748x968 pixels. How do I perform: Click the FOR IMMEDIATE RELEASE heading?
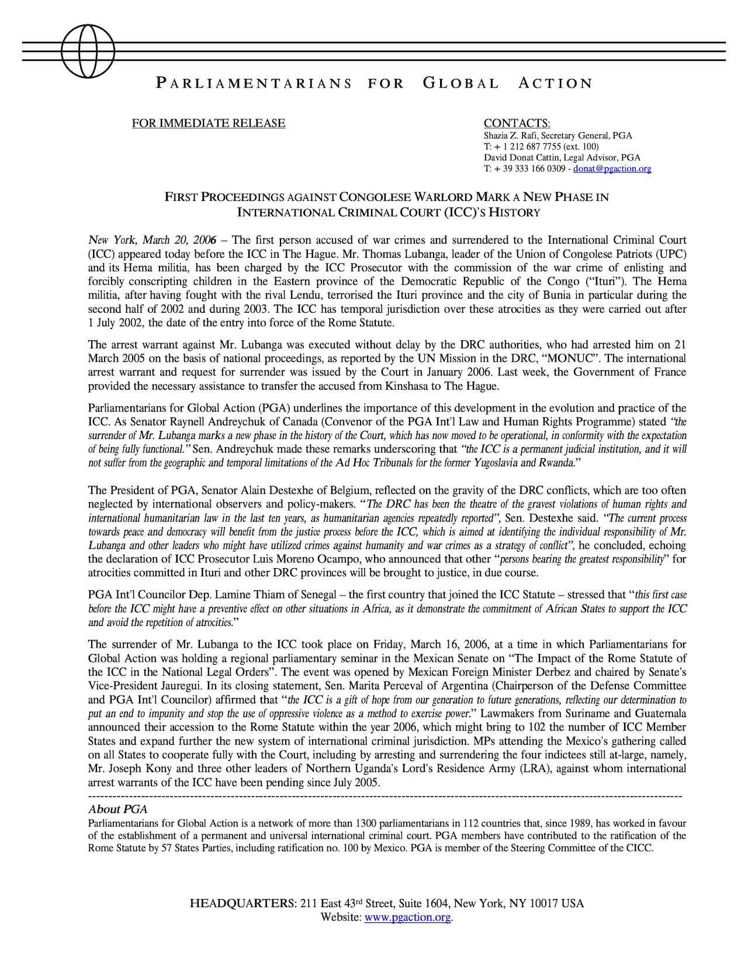(x=209, y=123)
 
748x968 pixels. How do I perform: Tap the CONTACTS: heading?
(x=517, y=123)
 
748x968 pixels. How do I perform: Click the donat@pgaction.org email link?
(x=612, y=169)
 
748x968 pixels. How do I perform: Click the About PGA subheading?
(x=117, y=810)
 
